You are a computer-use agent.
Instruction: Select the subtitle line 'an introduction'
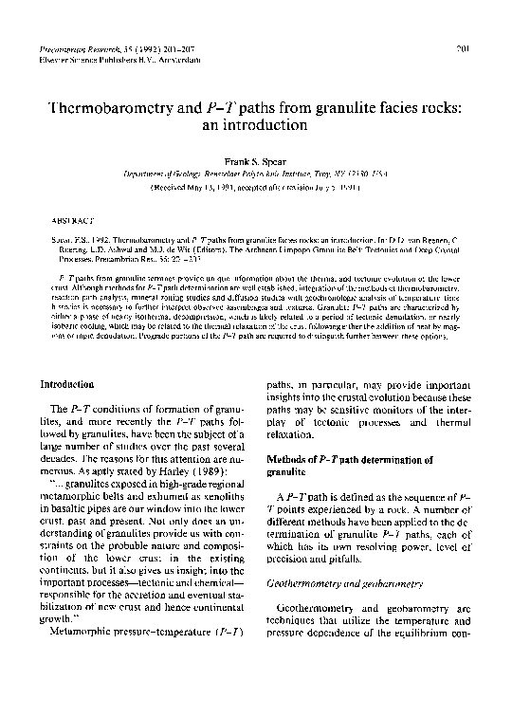click(256, 124)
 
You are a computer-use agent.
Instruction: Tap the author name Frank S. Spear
click(256, 161)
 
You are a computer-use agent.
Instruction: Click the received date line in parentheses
click(256, 189)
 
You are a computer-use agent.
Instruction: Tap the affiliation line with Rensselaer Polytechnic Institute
click(256, 175)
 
